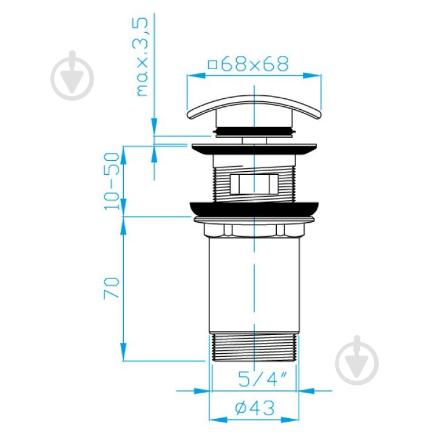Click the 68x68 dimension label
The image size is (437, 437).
point(255,64)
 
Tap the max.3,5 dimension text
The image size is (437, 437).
point(142,57)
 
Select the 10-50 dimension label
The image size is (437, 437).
point(112,181)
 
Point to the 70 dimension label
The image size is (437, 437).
point(112,288)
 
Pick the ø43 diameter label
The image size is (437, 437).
point(255,408)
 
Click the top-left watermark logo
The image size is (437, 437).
point(72,75)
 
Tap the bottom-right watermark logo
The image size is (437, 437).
point(357,361)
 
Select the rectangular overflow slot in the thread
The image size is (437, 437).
point(254,184)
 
